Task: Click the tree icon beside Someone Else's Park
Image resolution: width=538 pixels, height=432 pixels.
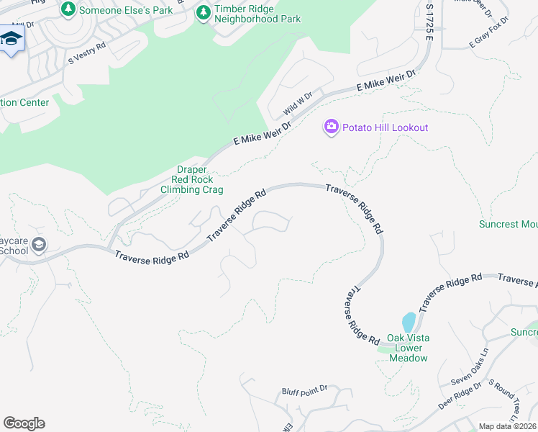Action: click(68, 9)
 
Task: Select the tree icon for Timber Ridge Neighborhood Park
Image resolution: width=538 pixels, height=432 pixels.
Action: click(204, 13)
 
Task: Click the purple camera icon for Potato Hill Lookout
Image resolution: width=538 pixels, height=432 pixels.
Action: click(331, 127)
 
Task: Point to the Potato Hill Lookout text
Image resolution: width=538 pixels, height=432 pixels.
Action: click(385, 127)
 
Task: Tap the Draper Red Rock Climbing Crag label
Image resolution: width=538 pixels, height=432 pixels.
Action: click(191, 179)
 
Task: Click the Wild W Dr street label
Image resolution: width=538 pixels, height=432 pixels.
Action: click(298, 104)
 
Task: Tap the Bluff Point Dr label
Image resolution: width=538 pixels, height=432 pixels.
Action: click(304, 390)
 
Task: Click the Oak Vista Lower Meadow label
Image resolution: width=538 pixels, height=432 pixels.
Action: click(408, 348)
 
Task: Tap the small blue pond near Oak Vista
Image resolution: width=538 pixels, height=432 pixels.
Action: click(409, 322)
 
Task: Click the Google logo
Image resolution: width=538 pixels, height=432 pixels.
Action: click(24, 423)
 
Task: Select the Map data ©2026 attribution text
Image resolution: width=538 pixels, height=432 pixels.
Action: click(507, 426)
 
